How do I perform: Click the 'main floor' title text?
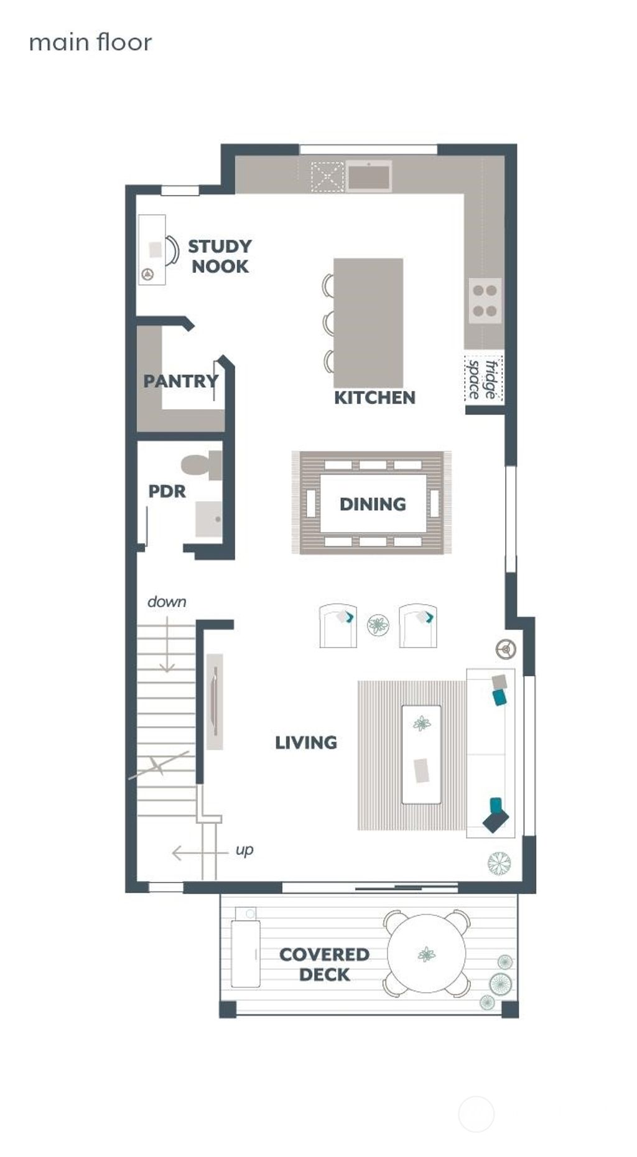pos(90,42)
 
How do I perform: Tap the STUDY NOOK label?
pos(220,256)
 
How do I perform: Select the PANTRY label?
pos(180,380)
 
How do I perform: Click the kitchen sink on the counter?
pos(369,176)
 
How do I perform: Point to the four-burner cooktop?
pos(485,300)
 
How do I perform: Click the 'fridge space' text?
pos(483,379)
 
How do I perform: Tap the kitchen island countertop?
pos(368,323)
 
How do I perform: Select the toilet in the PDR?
pos(201,465)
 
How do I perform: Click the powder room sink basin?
pos(208,519)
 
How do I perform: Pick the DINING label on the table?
pos(373,503)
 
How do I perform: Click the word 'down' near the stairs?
pos(167,602)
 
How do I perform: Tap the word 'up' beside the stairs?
pos(244,849)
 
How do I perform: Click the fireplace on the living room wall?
pos(215,701)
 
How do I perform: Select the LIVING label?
pos(306,742)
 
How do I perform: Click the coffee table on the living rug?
pos(421,754)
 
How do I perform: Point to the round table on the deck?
pos(427,953)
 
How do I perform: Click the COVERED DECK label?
pos(324,964)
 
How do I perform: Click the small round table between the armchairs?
pos(378,625)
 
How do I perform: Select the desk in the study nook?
pos(151,250)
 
